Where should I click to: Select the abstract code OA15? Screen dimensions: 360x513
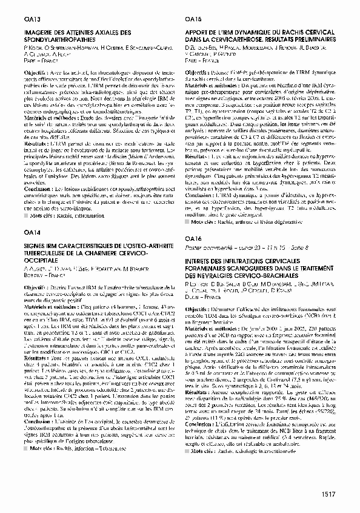pos(193,19)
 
